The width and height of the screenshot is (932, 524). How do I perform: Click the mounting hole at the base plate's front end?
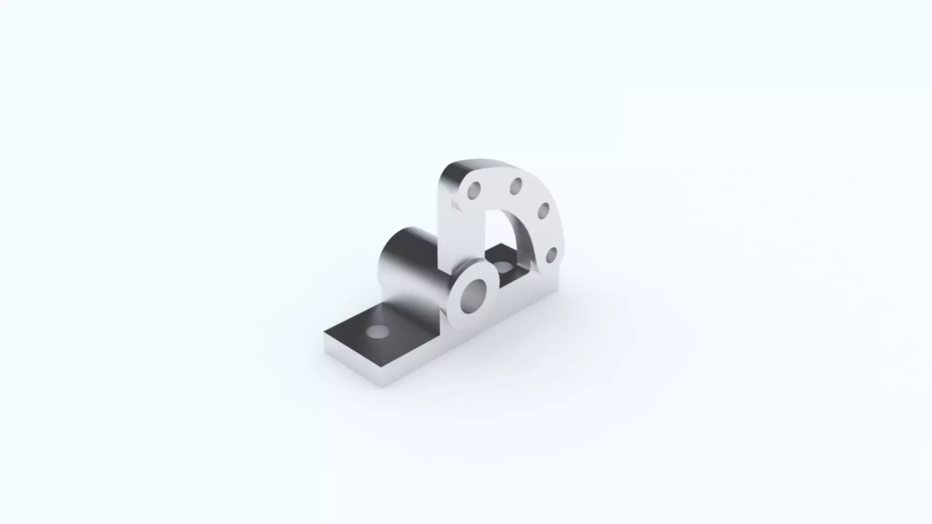tap(377, 332)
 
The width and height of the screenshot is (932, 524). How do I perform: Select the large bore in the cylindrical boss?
tap(473, 295)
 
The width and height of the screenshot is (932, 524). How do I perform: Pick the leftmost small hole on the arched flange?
tap(474, 191)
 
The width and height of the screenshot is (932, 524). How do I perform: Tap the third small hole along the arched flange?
tap(543, 211)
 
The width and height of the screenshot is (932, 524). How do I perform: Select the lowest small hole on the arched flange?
tap(551, 255)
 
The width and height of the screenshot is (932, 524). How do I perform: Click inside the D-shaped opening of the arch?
tap(500, 233)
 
